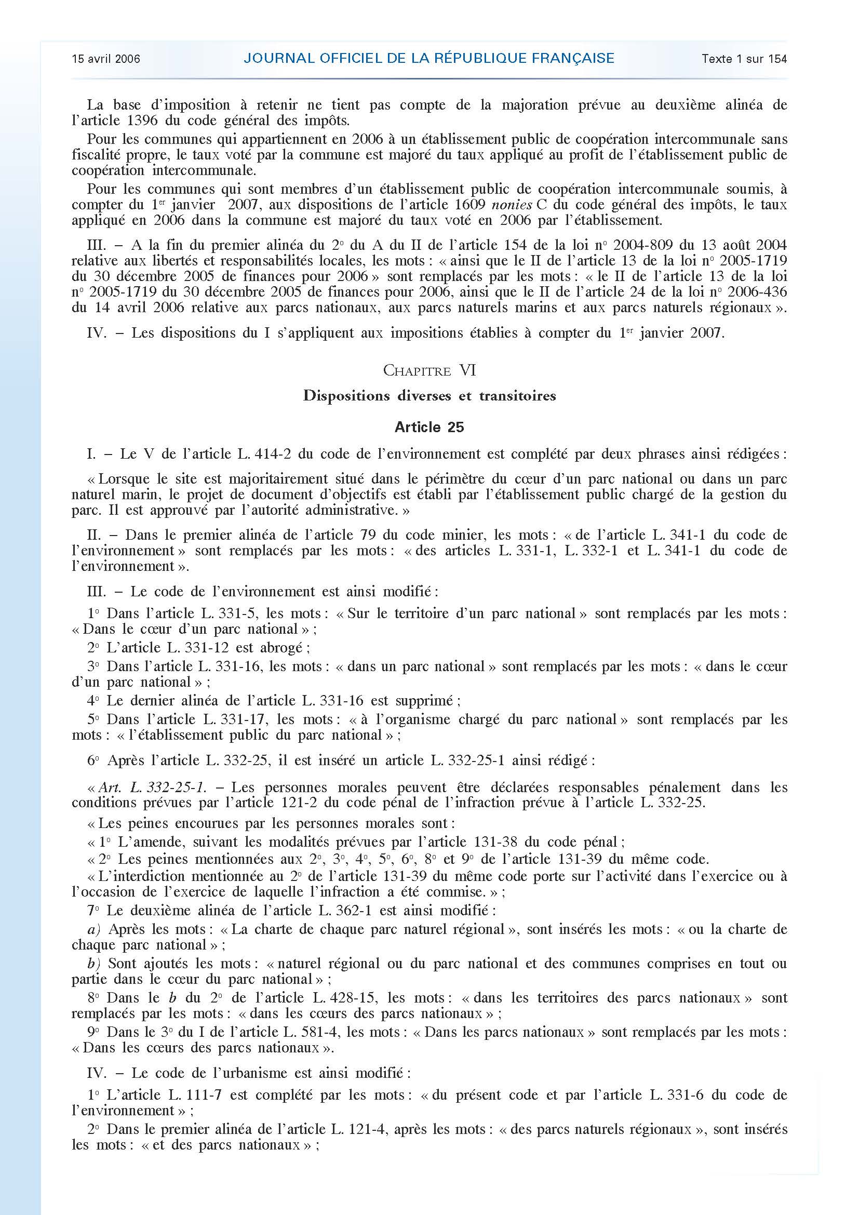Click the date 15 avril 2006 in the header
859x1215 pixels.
coord(106,59)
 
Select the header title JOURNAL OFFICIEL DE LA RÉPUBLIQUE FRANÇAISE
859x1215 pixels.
coord(428,58)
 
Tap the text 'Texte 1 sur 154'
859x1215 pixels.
coord(744,59)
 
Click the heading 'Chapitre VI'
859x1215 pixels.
coord(429,371)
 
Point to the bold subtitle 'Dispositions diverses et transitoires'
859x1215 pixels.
coord(429,396)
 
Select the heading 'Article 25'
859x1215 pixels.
coord(429,427)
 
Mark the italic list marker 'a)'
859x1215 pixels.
coord(95,929)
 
